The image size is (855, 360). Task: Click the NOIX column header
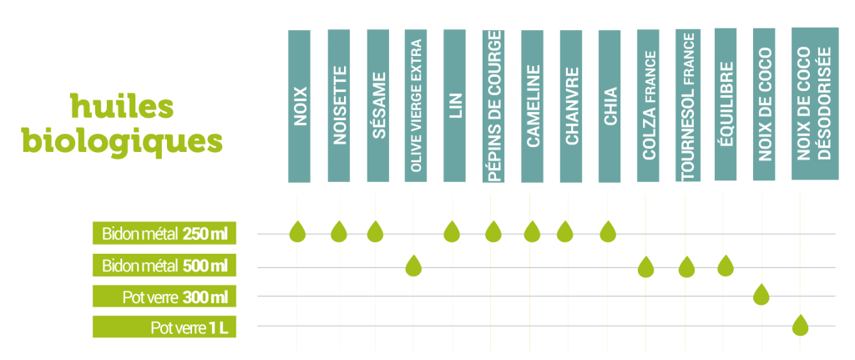click(x=300, y=106)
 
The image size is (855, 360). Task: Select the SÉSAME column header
click(x=378, y=105)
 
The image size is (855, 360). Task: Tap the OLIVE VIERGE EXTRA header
click(x=416, y=105)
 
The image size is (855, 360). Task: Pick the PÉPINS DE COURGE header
click(x=493, y=105)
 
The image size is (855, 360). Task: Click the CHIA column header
click(x=609, y=106)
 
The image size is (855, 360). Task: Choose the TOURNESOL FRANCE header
click(x=687, y=104)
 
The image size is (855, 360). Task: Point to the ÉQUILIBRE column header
click(x=726, y=104)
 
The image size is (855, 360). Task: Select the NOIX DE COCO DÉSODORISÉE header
click(x=815, y=104)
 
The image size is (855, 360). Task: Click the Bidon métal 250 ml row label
click(x=164, y=233)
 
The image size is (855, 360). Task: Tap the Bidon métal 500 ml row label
click(x=164, y=266)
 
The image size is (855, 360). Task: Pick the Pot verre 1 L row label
click(x=164, y=327)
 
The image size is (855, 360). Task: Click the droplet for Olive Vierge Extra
click(x=414, y=266)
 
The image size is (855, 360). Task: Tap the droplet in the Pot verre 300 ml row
click(x=761, y=295)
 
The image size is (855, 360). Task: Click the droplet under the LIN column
click(x=451, y=232)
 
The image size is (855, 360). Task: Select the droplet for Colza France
click(x=645, y=266)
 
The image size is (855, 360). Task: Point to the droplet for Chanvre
click(x=565, y=232)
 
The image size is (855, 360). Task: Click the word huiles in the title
click(x=122, y=106)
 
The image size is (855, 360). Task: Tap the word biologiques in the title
click(x=122, y=142)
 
